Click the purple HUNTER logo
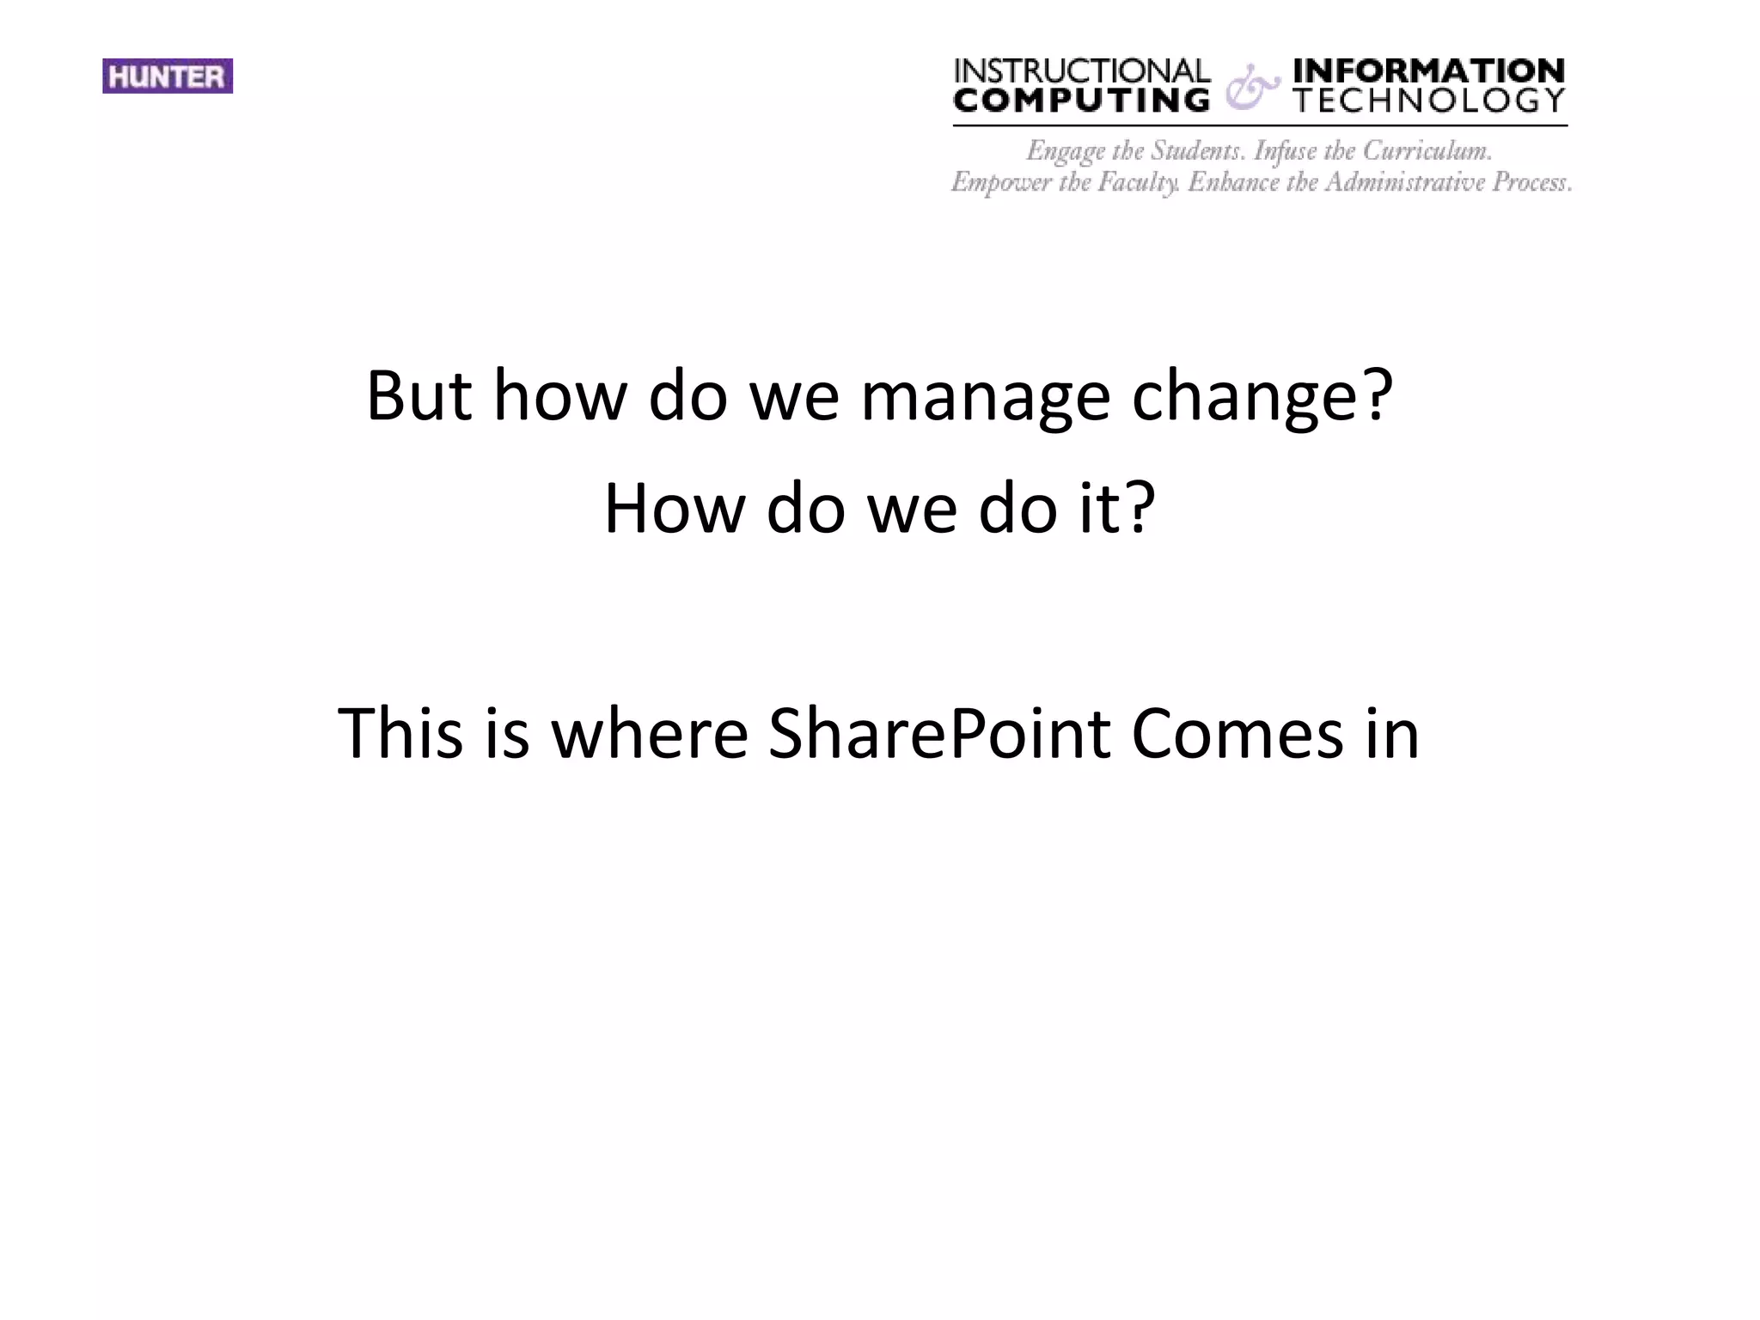[x=168, y=76]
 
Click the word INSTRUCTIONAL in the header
[x=1082, y=70]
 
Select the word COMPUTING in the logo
[x=1082, y=101]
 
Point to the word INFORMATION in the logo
[x=1429, y=70]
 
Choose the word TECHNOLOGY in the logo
[x=1429, y=101]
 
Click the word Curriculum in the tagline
[x=1427, y=151]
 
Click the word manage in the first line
[x=985, y=397]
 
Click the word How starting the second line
[x=674, y=509]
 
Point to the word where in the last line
[x=650, y=734]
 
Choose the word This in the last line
[x=400, y=734]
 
